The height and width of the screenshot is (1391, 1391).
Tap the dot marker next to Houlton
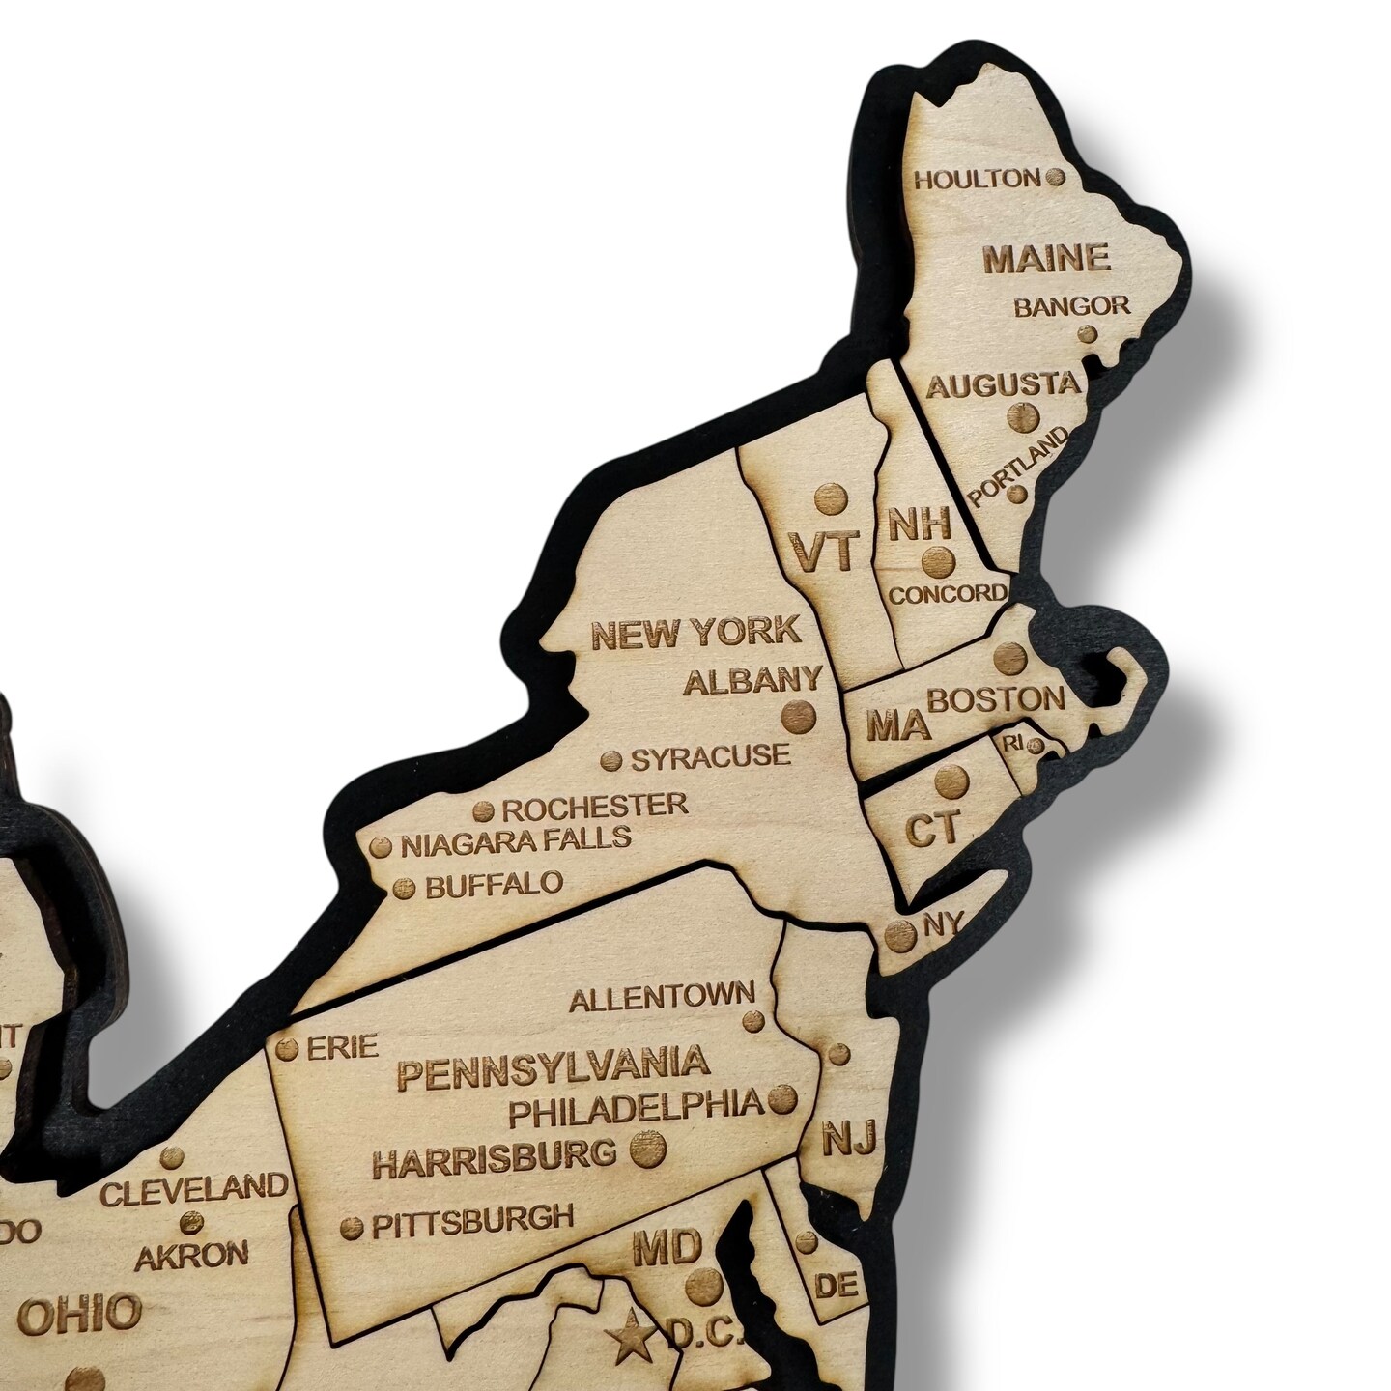click(1057, 177)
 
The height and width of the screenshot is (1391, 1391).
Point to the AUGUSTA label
click(1003, 384)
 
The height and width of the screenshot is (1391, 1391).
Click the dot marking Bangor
click(1087, 334)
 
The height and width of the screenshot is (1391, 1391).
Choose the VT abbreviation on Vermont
click(824, 551)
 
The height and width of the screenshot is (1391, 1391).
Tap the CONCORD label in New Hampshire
click(948, 593)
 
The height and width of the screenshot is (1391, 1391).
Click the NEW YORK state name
click(695, 633)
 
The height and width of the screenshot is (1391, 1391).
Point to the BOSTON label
click(995, 698)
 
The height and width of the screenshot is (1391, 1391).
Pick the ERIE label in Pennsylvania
click(339, 1046)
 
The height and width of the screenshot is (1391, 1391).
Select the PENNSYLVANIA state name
click(554, 1067)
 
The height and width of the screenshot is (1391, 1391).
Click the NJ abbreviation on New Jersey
click(848, 1139)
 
